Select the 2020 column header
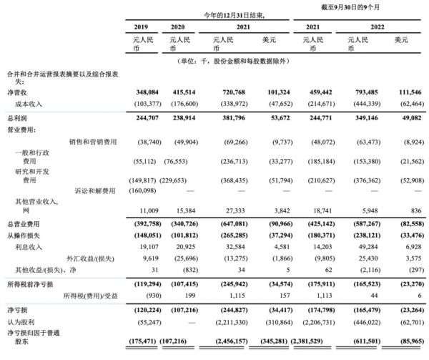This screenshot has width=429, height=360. [179, 26]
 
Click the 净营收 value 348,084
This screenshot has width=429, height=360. [142, 93]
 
